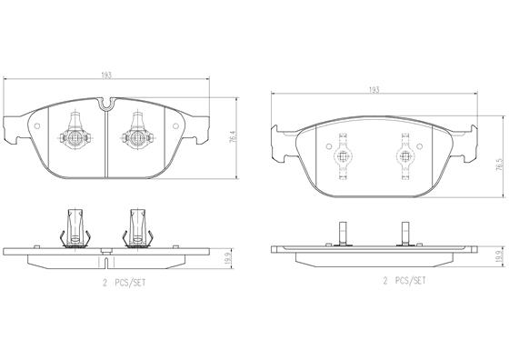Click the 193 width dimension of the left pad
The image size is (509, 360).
[106, 75]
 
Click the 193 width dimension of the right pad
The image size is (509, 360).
[374, 90]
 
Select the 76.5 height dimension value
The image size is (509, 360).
[500, 165]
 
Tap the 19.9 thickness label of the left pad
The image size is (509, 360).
[228, 258]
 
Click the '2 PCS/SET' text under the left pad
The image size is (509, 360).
[125, 283]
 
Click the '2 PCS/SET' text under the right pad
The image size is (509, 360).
[404, 281]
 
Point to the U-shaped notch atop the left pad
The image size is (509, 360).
[107, 104]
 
